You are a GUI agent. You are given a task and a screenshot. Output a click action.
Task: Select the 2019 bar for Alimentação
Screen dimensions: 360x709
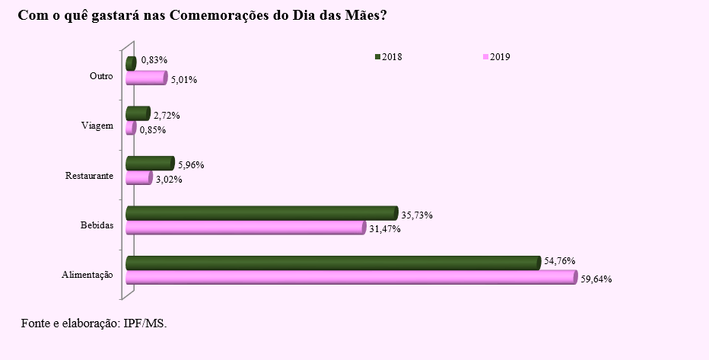350,278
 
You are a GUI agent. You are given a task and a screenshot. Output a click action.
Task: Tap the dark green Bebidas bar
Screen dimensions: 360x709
261,213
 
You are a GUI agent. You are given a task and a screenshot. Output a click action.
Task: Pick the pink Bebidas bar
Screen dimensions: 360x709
245,228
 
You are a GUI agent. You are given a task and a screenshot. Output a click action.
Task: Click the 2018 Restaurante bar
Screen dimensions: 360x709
150,164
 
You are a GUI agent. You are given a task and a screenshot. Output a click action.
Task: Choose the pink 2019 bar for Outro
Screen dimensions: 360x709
145,78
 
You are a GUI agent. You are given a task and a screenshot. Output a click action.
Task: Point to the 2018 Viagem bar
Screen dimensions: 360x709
138,114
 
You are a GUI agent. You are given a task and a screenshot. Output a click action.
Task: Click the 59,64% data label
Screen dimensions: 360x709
596,279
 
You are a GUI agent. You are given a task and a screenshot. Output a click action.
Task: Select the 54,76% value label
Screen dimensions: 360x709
559,261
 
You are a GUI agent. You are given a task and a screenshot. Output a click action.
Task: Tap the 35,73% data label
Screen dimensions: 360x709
417,215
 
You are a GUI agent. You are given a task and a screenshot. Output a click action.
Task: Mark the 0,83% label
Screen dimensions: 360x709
154,60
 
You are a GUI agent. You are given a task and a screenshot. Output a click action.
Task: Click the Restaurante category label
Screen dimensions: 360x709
91,176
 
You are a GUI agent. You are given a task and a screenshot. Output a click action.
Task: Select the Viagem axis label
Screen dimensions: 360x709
97,126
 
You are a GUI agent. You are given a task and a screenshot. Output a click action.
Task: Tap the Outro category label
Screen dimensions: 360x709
100,77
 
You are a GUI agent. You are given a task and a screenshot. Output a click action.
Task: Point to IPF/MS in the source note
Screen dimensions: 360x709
145,323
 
